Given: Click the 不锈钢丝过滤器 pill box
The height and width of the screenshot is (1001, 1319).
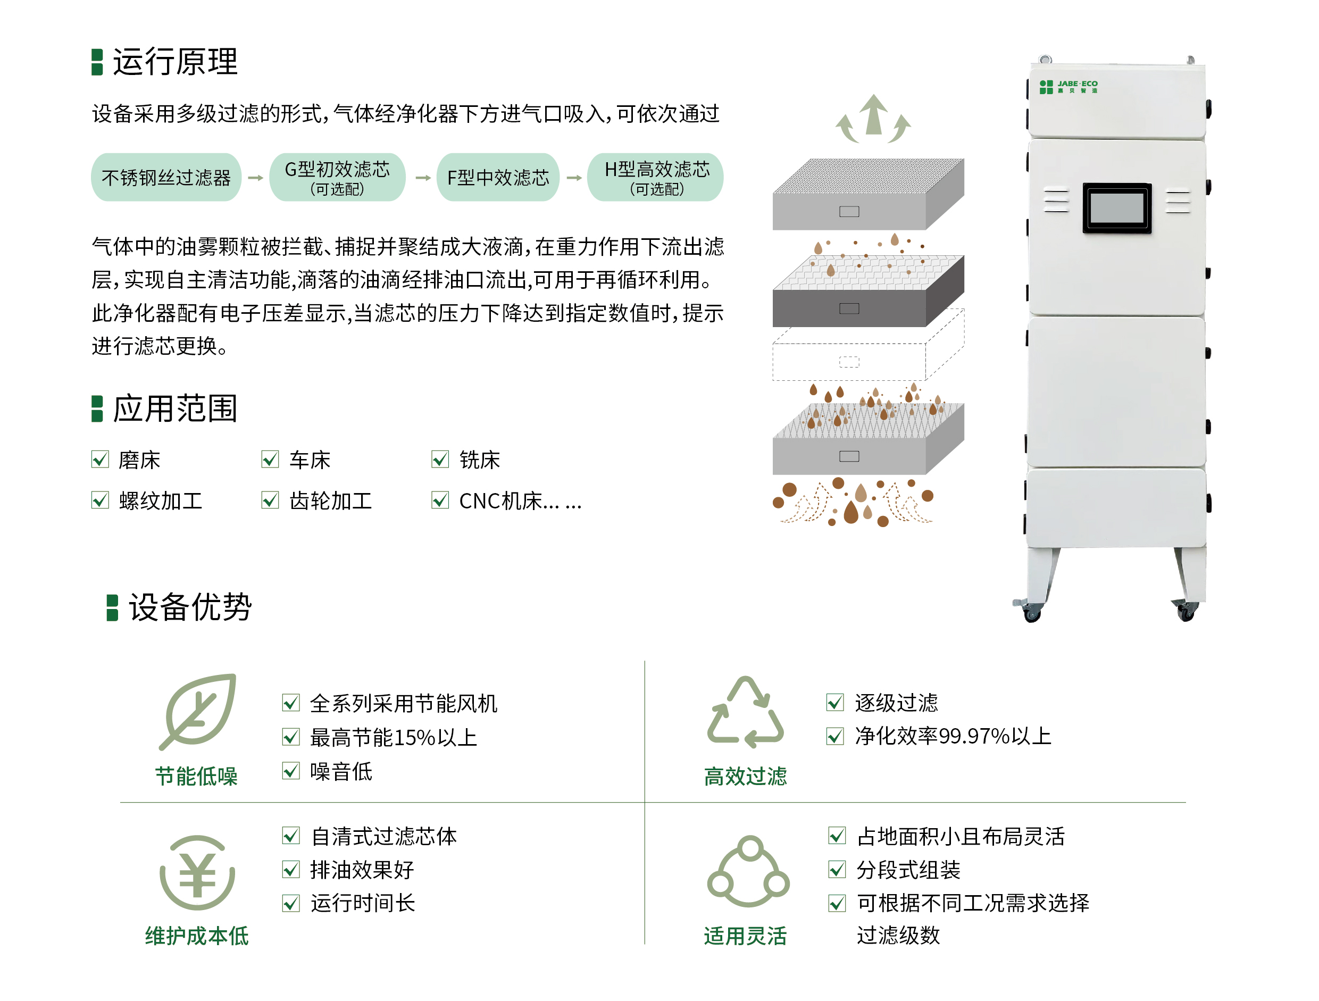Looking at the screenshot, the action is (x=166, y=177).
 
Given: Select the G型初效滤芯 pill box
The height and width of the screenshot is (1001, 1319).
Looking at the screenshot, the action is (x=338, y=177).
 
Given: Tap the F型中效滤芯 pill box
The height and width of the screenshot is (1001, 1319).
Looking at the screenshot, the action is (x=498, y=177).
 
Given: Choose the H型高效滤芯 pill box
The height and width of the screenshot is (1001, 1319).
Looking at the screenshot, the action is (x=655, y=177).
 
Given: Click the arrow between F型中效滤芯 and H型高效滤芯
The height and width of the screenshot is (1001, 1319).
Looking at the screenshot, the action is (x=574, y=178).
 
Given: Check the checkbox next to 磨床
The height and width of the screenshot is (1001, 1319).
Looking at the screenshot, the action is (x=100, y=459).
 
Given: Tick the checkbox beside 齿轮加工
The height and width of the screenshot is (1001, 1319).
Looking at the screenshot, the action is (x=270, y=499).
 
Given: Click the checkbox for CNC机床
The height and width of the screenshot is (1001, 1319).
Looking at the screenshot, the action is (x=440, y=499).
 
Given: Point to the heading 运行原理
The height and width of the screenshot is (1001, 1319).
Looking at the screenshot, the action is (x=176, y=61).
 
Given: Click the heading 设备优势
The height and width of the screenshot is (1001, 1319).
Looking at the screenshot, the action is (x=190, y=607).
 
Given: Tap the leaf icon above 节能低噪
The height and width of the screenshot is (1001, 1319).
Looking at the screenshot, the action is (x=198, y=711).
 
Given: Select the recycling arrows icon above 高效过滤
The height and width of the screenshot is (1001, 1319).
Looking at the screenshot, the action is (x=745, y=712).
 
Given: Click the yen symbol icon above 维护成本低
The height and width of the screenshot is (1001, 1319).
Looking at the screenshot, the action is (x=197, y=873).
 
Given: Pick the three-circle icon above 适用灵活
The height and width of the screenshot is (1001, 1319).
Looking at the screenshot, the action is (x=748, y=871).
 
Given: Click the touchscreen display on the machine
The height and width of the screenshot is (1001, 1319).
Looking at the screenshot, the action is (x=1117, y=207).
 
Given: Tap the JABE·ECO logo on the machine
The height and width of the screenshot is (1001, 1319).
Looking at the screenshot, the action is (x=1068, y=87).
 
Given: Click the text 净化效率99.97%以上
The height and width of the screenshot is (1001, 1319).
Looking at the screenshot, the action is (x=953, y=736).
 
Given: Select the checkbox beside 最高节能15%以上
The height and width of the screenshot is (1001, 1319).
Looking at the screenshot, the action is (x=291, y=737).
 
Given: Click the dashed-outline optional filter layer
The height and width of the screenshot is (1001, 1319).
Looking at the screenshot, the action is (x=868, y=345).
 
